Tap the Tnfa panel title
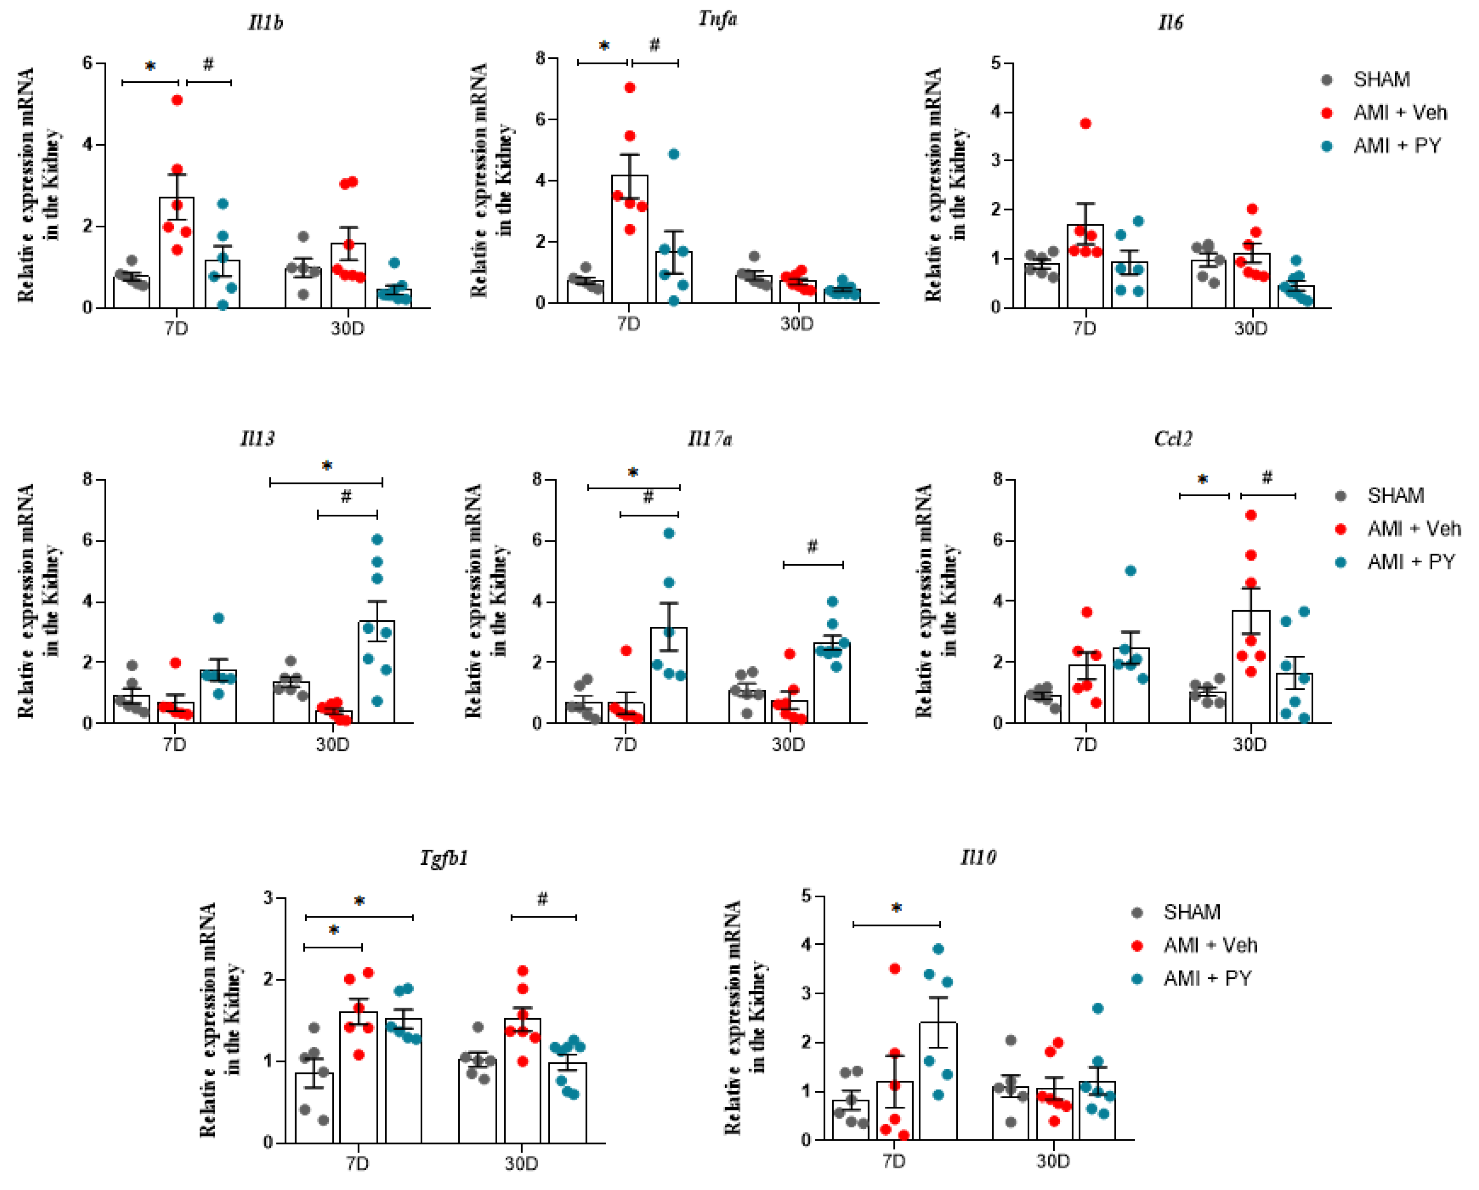pyautogui.click(x=718, y=19)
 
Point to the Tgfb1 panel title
pyautogui.click(x=444, y=858)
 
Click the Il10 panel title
pyautogui.click(x=978, y=857)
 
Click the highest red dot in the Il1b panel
pyautogui.click(x=177, y=100)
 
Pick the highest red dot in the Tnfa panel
pyautogui.click(x=630, y=88)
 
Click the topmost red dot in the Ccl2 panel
pyautogui.click(x=1251, y=515)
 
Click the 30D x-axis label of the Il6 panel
pyautogui.click(x=1251, y=328)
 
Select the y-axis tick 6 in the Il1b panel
pyautogui.click(x=87, y=64)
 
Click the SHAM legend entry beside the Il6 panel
pyautogui.click(x=1381, y=80)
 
